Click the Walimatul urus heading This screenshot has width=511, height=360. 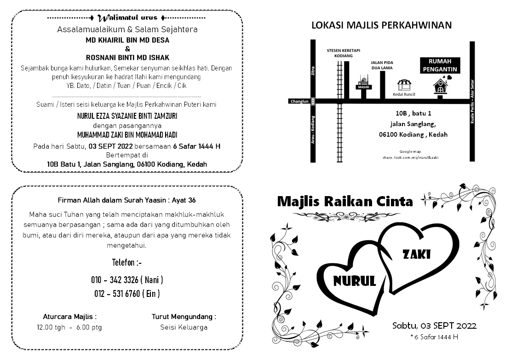pyautogui.click(x=127, y=18)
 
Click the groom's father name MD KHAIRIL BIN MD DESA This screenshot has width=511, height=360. pyautogui.click(x=127, y=40)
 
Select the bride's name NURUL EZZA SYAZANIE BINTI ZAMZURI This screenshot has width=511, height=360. pyautogui.click(x=127, y=116)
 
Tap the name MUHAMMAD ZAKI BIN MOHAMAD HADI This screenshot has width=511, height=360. pyautogui.click(x=127, y=135)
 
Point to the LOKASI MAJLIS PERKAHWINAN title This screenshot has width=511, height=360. pyautogui.click(x=382, y=25)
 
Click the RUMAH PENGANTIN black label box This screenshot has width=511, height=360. pyautogui.click(x=440, y=65)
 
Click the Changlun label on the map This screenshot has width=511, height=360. pyautogui.click(x=299, y=101)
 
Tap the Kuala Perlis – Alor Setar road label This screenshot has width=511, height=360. pyautogui.click(x=472, y=101)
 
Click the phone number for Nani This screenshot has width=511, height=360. pyautogui.click(x=127, y=280)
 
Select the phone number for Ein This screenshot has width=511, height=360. pyautogui.click(x=127, y=294)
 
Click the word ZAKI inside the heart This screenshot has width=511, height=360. pyautogui.click(x=416, y=254)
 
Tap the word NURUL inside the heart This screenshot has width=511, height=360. pyautogui.click(x=354, y=280)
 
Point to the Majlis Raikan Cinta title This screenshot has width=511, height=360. pyautogui.click(x=345, y=202)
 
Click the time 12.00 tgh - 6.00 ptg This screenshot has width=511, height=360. pyautogui.click(x=69, y=327)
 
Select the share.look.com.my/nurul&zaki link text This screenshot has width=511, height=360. pyautogui.click(x=410, y=157)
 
